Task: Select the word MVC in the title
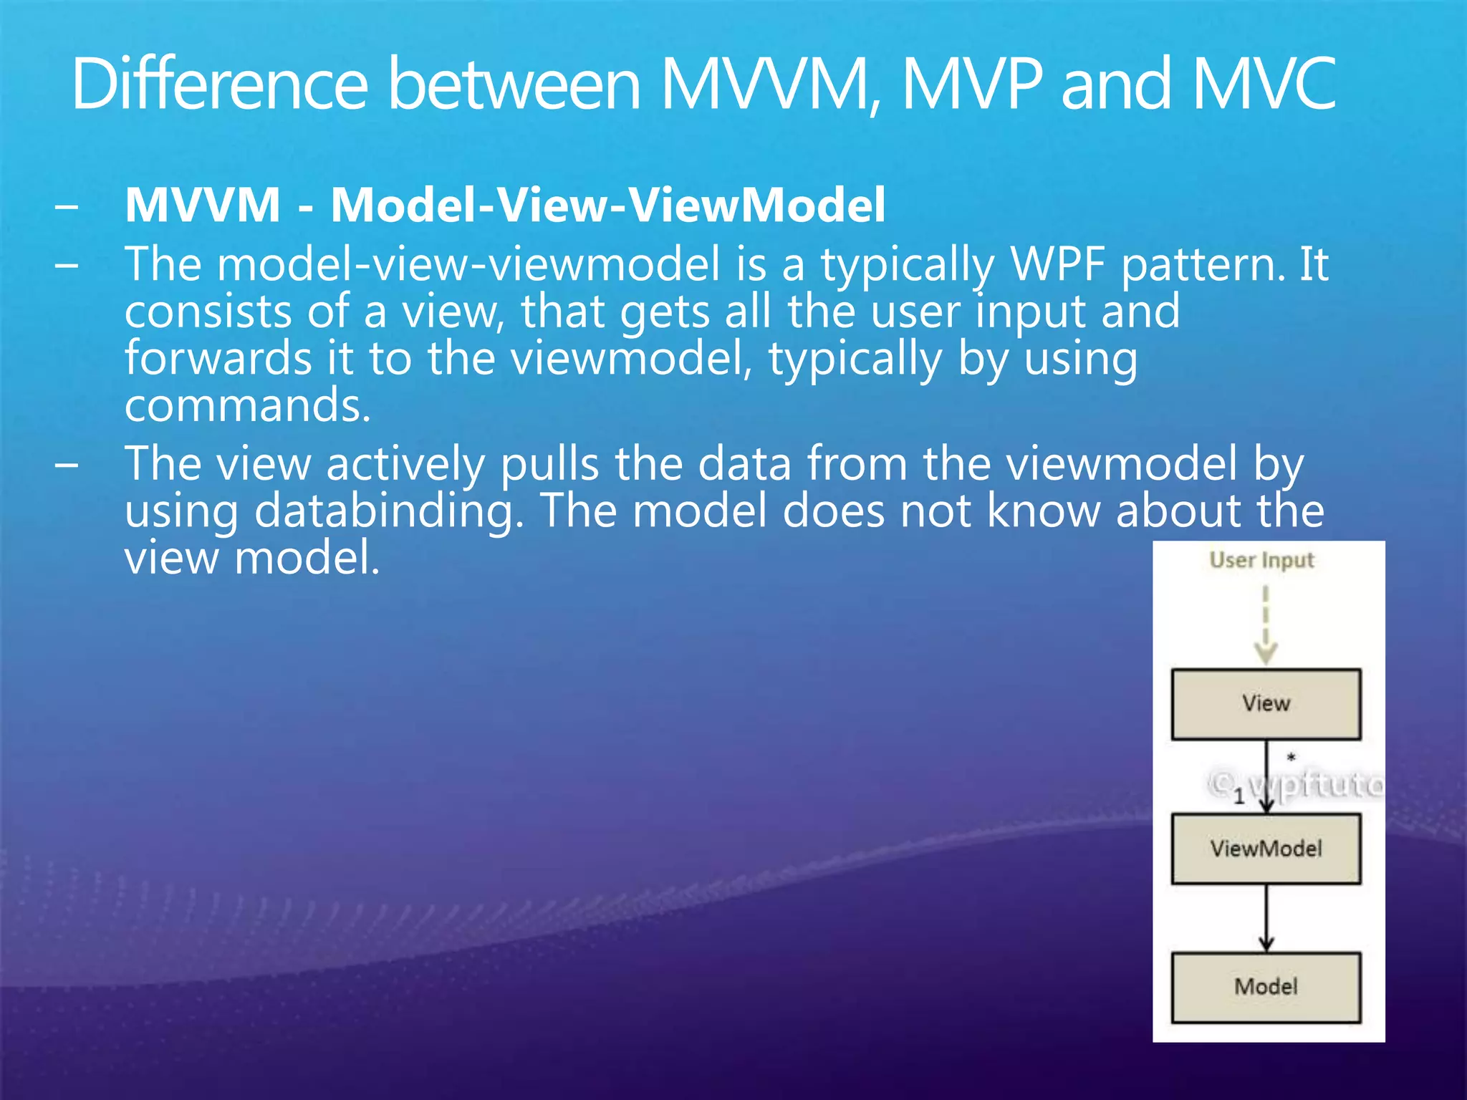[x=1264, y=85]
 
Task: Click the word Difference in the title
[x=219, y=85]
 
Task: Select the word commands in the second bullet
[x=247, y=405]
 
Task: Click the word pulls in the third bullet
[x=549, y=464]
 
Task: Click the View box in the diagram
[x=1266, y=704]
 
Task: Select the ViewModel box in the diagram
[x=1266, y=849]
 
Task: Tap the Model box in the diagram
[x=1266, y=987]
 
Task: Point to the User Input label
[x=1261, y=560]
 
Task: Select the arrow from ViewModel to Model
[x=1266, y=917]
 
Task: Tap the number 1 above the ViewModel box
[x=1238, y=796]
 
